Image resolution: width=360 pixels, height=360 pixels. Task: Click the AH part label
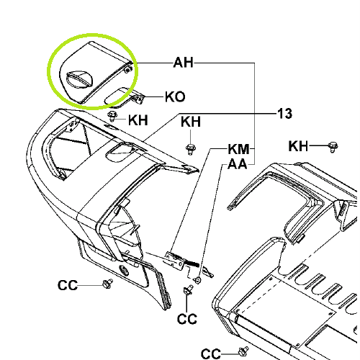click(x=183, y=63)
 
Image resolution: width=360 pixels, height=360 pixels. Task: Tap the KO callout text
click(x=175, y=97)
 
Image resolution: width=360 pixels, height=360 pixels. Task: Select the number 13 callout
click(x=285, y=114)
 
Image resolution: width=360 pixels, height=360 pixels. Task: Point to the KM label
click(x=238, y=149)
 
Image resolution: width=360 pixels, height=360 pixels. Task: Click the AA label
click(x=238, y=164)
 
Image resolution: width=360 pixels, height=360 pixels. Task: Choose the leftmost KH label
click(x=138, y=120)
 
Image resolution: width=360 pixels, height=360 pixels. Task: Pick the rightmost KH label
click(x=298, y=146)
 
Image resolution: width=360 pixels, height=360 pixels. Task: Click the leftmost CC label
click(x=68, y=285)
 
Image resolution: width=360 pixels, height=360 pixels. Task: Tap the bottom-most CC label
click(x=211, y=354)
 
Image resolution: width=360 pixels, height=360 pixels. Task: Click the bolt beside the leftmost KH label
click(x=112, y=116)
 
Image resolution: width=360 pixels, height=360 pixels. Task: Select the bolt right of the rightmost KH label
click(x=333, y=147)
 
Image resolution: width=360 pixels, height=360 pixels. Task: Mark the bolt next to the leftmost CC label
click(x=107, y=284)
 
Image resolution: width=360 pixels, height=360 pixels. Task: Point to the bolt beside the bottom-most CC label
click(x=243, y=351)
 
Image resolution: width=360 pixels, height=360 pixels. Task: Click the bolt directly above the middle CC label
click(x=188, y=289)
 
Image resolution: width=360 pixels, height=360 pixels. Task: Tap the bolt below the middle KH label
click(x=191, y=149)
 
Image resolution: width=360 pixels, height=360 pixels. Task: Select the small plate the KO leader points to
click(x=125, y=97)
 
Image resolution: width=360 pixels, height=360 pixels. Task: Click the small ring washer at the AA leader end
click(x=198, y=280)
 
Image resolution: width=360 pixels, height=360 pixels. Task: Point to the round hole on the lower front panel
click(x=124, y=271)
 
